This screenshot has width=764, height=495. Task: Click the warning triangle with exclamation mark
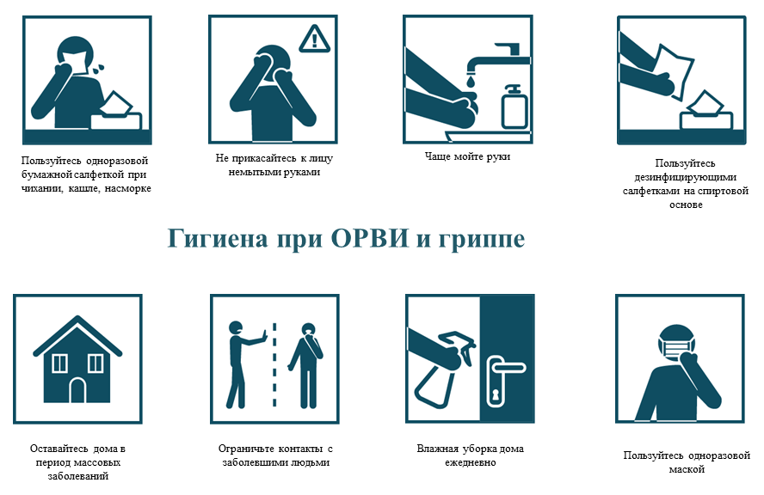click(314, 37)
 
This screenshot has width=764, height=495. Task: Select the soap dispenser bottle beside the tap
click(514, 107)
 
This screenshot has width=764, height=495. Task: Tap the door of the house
click(77, 391)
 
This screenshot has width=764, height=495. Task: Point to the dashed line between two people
click(274, 365)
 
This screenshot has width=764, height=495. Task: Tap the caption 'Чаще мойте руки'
click(467, 156)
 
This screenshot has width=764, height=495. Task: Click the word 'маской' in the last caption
click(687, 469)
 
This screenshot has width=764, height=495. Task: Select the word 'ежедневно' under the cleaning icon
click(470, 462)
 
